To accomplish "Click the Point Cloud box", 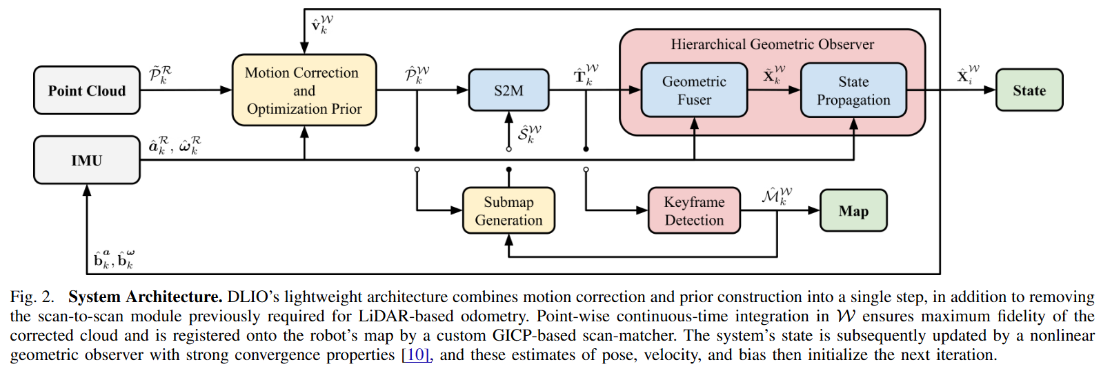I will click(x=87, y=90).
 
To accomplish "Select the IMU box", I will click(x=87, y=160).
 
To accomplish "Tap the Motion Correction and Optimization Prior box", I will click(x=304, y=90).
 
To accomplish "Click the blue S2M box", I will click(x=508, y=90).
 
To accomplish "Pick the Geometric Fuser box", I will click(x=694, y=90).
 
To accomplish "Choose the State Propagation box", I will click(x=853, y=90).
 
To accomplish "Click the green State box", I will click(x=1029, y=90).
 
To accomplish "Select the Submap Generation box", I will click(x=508, y=211).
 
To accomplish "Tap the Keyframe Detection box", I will click(x=694, y=211).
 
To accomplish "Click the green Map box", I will click(x=853, y=211).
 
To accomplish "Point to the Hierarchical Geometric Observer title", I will click(x=772, y=45).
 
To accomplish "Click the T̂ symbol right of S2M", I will click(x=586, y=74).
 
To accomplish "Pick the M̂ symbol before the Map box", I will click(x=776, y=196).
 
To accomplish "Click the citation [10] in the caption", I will click(x=415, y=355).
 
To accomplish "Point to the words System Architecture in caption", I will click(x=145, y=297).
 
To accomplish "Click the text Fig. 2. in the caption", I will click(x=32, y=297).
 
